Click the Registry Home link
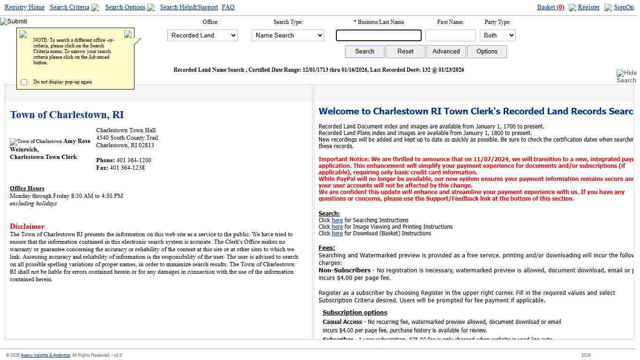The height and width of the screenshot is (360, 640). [x=24, y=7]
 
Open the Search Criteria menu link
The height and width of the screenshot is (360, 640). [x=69, y=7]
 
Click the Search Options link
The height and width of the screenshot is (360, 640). [x=125, y=7]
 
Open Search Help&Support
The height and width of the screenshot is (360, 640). [x=189, y=7]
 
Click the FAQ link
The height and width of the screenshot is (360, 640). [x=228, y=7]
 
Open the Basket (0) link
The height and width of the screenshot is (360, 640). [x=551, y=7]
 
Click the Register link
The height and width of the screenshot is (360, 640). [x=588, y=7]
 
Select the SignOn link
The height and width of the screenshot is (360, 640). [x=624, y=7]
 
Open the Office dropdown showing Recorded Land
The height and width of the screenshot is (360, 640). [x=202, y=35]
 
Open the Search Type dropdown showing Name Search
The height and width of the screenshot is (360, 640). [x=288, y=35]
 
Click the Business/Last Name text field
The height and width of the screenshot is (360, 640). [x=379, y=36]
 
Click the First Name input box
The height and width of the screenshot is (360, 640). [x=450, y=36]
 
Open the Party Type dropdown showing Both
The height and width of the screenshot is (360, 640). [x=498, y=35]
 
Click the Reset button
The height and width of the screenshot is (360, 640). [x=405, y=52]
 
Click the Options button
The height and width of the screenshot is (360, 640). [x=487, y=52]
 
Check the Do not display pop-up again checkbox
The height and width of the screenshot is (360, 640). [x=24, y=82]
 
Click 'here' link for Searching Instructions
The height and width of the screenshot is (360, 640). [x=337, y=220]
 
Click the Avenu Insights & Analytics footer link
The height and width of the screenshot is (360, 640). [x=45, y=355]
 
